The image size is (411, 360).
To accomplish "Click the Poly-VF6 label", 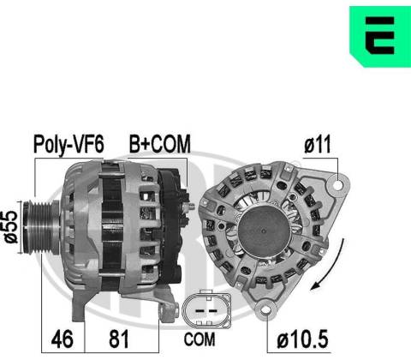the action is click(68, 145).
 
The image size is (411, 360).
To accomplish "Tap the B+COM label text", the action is click(160, 144).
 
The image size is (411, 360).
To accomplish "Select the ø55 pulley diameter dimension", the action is click(11, 227).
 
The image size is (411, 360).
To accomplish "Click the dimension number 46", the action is click(63, 339).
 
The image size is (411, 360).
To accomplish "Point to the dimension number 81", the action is click(119, 339).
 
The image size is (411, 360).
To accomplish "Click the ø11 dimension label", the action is click(318, 145).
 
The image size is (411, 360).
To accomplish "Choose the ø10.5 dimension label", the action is click(302, 339).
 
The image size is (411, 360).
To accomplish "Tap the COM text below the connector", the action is click(200, 339).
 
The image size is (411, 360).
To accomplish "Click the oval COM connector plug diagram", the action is click(207, 309).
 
